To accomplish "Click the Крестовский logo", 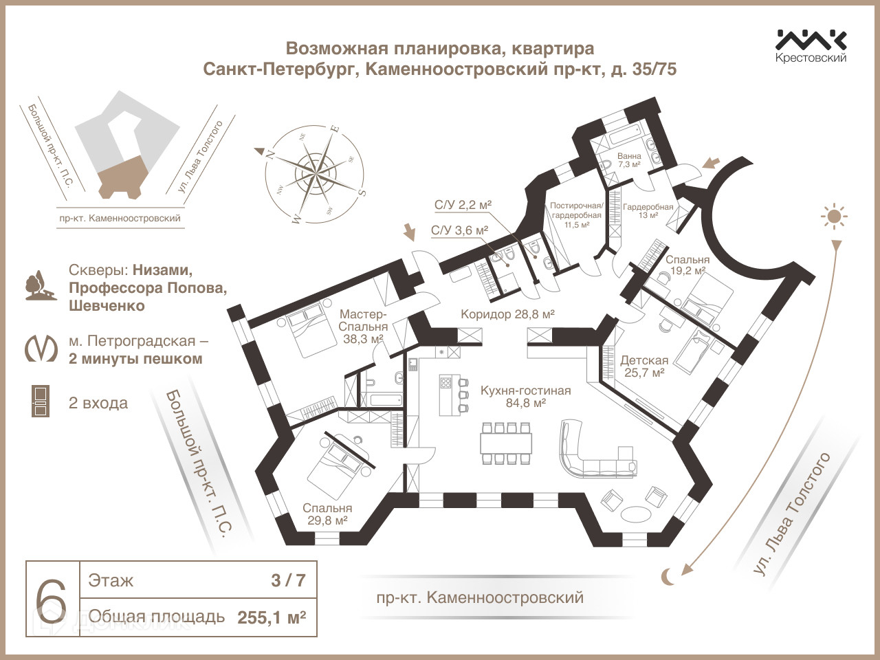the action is click(811, 46).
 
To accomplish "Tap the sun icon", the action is click(835, 217).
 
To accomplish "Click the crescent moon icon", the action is click(668, 577).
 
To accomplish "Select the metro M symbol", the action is click(41, 349).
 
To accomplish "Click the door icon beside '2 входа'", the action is click(41, 401).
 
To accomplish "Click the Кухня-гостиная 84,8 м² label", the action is click(525, 397).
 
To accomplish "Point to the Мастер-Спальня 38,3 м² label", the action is click(364, 327).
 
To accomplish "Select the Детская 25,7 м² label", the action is click(643, 366).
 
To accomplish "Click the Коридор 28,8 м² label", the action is click(507, 314).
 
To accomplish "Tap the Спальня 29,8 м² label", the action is click(327, 514).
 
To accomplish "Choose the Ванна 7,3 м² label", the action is click(629, 160).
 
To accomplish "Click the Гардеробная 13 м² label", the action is click(648, 210).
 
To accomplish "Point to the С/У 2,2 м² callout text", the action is click(463, 205).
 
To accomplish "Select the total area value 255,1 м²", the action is click(272, 617).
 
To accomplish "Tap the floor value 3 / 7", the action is click(288, 580).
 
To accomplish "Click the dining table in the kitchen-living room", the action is click(507, 443).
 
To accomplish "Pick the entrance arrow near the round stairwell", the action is click(711, 164).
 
